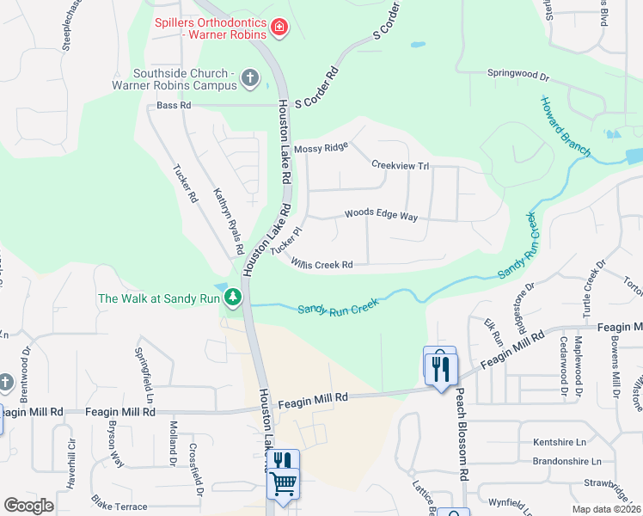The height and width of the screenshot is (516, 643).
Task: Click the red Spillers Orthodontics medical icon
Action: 279,28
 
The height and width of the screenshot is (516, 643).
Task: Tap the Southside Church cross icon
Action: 250,79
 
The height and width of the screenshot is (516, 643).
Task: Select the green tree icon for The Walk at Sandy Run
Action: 232,298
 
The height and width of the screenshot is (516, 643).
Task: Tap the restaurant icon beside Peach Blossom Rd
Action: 441,368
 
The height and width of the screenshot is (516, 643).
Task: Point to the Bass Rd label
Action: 174,106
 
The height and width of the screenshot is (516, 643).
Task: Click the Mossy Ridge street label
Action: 321,149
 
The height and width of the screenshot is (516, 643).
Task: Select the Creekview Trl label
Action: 400,164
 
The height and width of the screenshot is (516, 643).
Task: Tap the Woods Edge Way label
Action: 381,215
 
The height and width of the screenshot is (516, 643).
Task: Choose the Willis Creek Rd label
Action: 321,264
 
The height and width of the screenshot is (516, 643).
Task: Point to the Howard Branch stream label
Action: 564,126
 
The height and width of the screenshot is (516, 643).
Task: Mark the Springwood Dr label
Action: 518,74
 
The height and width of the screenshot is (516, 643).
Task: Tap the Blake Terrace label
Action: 119,507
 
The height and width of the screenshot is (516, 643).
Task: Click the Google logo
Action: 28,506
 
